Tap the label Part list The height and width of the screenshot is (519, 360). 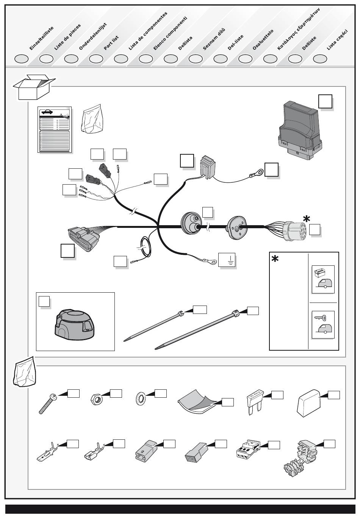[x=111, y=43]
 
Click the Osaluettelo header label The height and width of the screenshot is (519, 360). [x=263, y=40]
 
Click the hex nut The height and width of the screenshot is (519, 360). [x=95, y=399]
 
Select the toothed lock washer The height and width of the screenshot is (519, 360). [x=141, y=399]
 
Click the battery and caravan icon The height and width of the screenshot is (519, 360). [x=323, y=279]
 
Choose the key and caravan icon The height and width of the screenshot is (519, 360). [x=323, y=325]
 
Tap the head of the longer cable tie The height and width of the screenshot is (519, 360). [x=235, y=313]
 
